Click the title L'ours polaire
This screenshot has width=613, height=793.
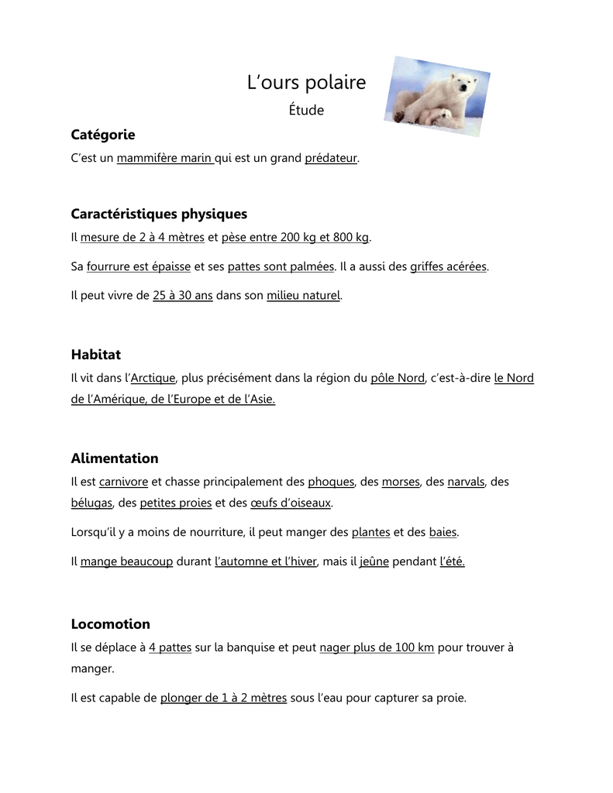(306, 83)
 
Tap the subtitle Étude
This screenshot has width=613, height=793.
(306, 110)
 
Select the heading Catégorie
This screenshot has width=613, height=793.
(103, 135)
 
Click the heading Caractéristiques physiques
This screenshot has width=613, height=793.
(159, 214)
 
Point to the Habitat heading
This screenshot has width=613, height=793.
(95, 355)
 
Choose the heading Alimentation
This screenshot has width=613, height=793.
(115, 458)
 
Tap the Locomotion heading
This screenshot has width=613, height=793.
(110, 624)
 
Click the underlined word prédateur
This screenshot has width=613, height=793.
(331, 158)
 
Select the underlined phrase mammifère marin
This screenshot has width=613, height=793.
(164, 158)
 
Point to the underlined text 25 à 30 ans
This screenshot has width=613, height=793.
(183, 295)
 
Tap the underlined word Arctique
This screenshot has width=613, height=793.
(153, 378)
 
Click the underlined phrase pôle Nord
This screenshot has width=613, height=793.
(398, 378)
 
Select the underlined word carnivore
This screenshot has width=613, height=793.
(123, 482)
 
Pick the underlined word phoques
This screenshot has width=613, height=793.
(331, 482)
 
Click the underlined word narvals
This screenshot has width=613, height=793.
(466, 482)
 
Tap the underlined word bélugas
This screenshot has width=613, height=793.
(92, 503)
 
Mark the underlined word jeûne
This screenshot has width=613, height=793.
(374, 561)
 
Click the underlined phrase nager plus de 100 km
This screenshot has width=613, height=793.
(377, 647)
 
